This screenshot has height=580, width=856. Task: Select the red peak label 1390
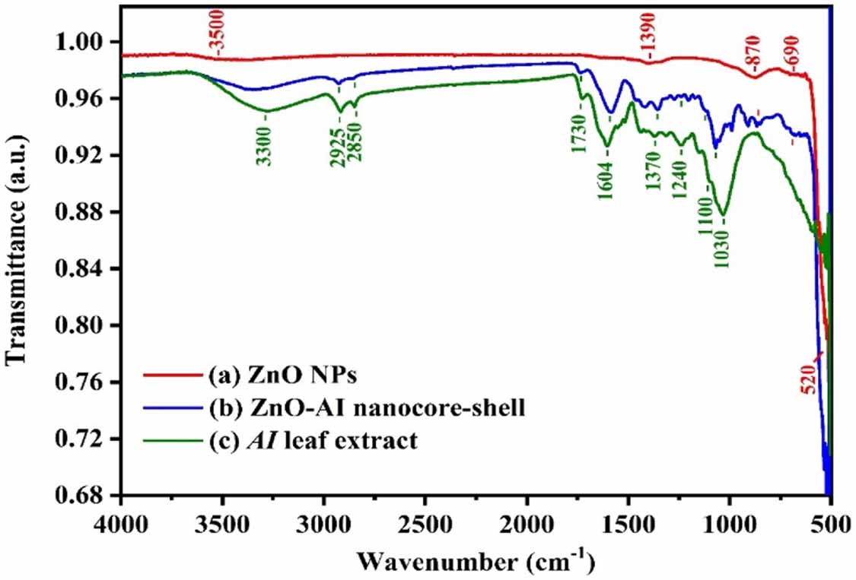pos(647,46)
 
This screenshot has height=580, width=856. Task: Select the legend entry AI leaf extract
pos(312,441)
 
